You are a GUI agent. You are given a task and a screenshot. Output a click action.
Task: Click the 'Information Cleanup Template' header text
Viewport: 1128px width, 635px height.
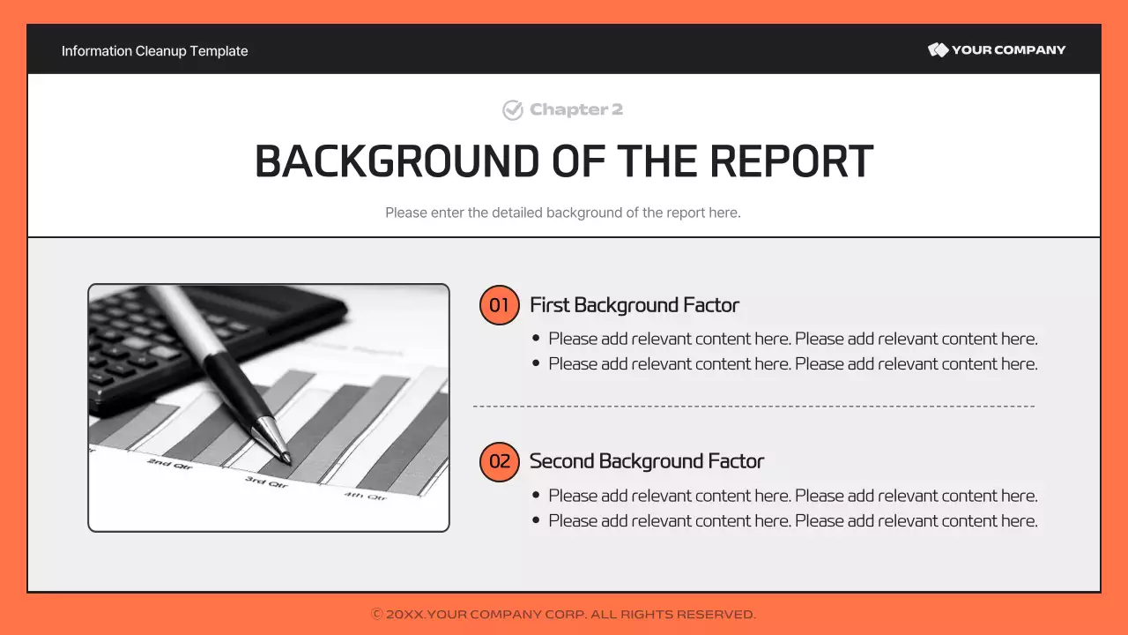pyautogui.click(x=154, y=51)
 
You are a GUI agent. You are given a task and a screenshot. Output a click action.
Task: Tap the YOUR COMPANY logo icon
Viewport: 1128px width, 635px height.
pyautogui.click(x=938, y=50)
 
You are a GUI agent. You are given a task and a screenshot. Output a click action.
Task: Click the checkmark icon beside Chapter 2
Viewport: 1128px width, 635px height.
pyautogui.click(x=513, y=110)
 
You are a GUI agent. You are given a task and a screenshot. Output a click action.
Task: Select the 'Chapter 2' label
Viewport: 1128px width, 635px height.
pyautogui.click(x=575, y=110)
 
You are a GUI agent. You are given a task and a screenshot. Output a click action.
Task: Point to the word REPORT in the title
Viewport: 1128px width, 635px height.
pyautogui.click(x=790, y=162)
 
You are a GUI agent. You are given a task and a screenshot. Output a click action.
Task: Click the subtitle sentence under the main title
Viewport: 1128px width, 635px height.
pyautogui.click(x=562, y=213)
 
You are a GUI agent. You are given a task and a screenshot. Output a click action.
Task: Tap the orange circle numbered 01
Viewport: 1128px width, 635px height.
pyautogui.click(x=499, y=305)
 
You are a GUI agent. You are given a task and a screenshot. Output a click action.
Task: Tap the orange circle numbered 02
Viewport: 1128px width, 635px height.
pyautogui.click(x=499, y=461)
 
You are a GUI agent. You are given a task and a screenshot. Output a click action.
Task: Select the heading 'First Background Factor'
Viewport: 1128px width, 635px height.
pyautogui.click(x=634, y=305)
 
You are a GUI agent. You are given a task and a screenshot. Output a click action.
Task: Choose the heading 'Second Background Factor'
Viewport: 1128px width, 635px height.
pyautogui.click(x=646, y=461)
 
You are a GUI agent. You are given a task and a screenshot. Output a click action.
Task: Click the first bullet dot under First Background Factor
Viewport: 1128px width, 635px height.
pyautogui.click(x=536, y=339)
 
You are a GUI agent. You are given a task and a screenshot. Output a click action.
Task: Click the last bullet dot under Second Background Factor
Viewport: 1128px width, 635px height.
pyautogui.click(x=536, y=521)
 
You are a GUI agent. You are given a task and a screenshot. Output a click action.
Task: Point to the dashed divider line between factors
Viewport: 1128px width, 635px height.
pyautogui.click(x=753, y=407)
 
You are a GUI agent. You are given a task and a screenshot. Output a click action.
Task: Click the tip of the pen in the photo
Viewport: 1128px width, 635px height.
pyautogui.click(x=286, y=459)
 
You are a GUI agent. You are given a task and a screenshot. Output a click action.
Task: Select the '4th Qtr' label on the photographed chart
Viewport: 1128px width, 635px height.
pyautogui.click(x=365, y=497)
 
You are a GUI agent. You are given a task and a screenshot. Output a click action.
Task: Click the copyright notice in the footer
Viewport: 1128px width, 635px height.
pyautogui.click(x=563, y=614)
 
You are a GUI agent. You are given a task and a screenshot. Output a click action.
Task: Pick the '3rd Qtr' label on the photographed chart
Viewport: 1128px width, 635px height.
pyautogui.click(x=265, y=482)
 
